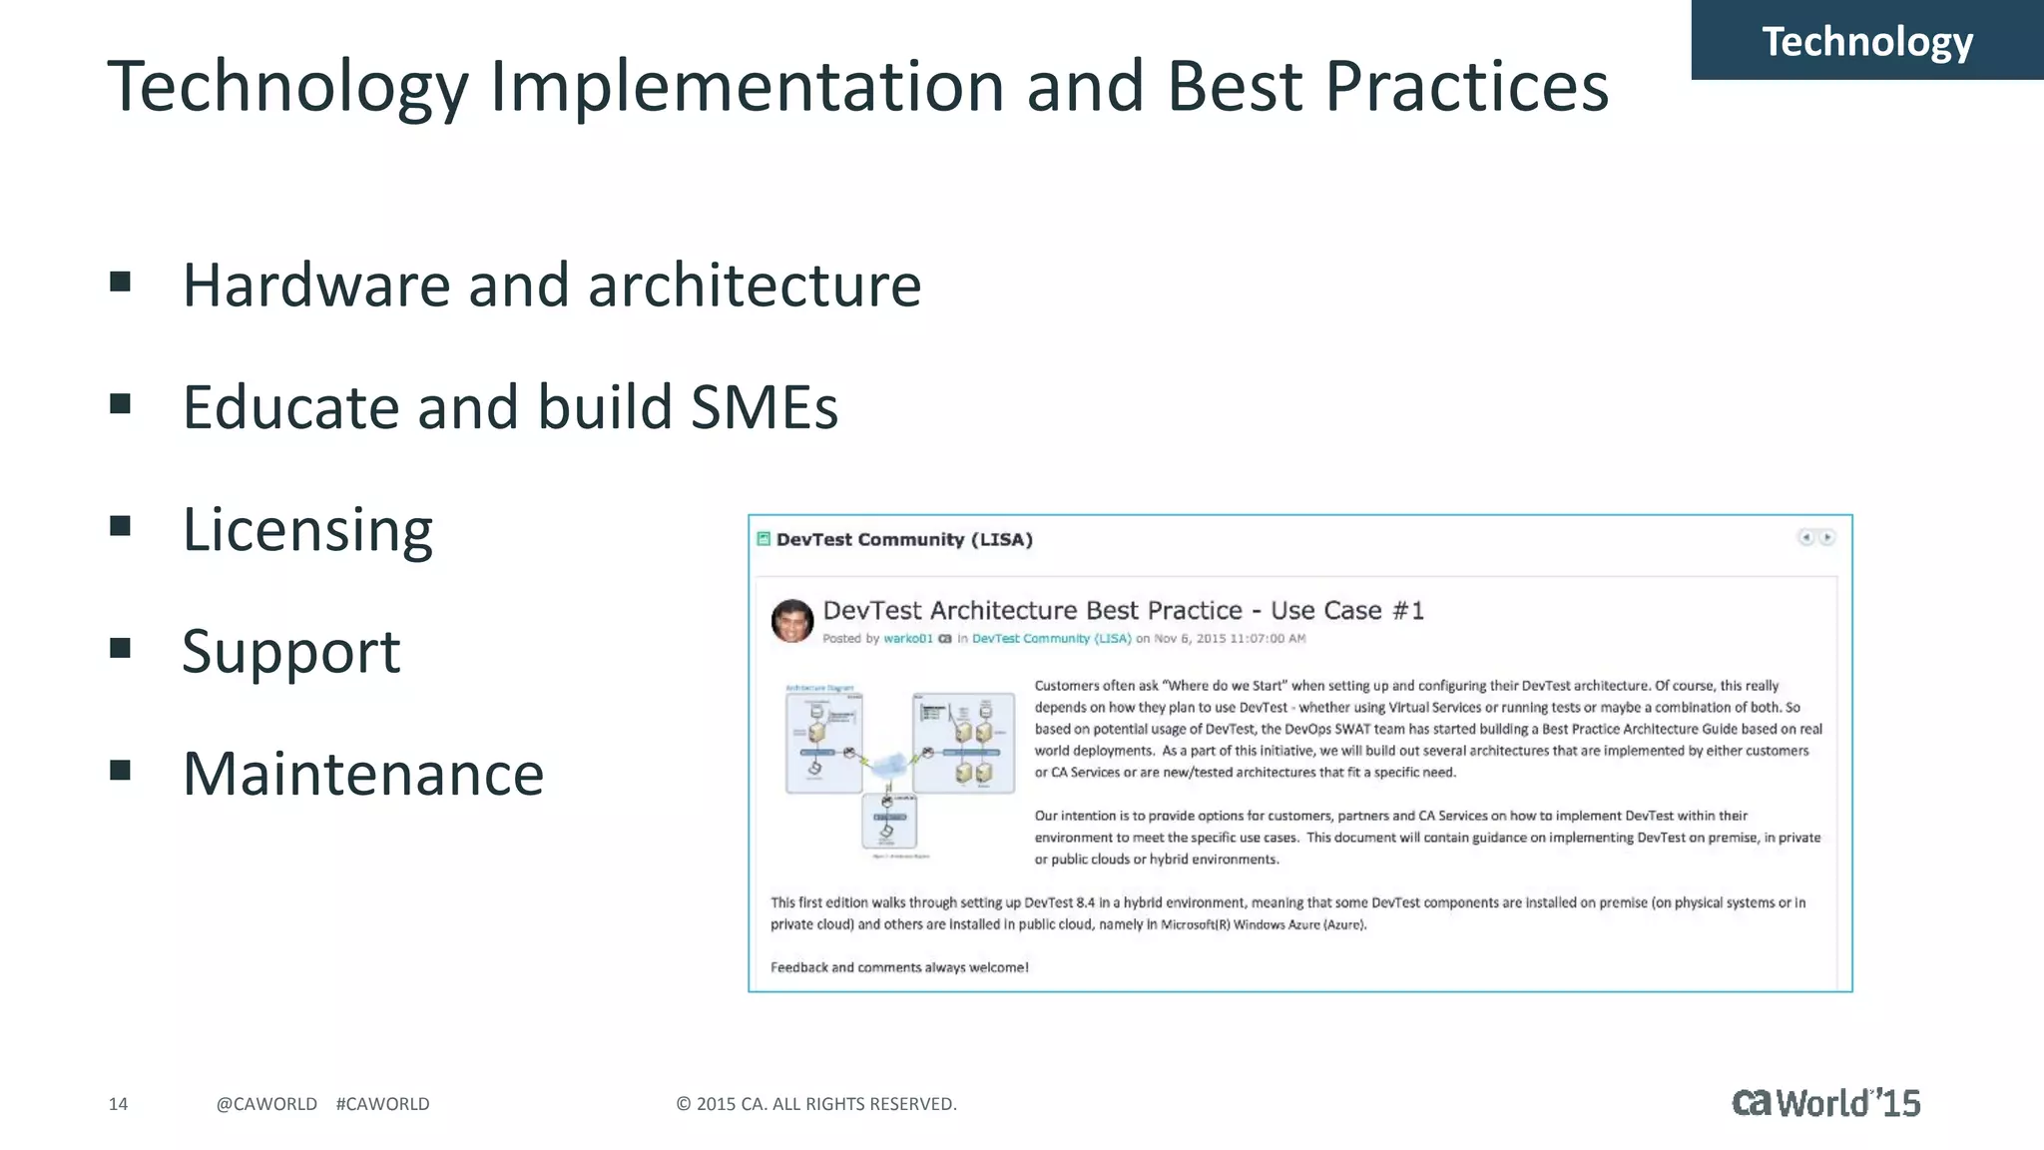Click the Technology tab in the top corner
[x=1866, y=42]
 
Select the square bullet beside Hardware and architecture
[x=121, y=283]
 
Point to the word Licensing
[x=307, y=530]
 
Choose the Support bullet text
[x=290, y=652]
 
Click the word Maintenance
[x=363, y=774]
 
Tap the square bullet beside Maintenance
[x=121, y=770]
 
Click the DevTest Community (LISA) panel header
[x=903, y=540]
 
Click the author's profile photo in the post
[x=792, y=621]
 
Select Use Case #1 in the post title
[x=1346, y=611]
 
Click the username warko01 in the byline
[x=907, y=639]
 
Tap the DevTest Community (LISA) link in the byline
[x=1051, y=639]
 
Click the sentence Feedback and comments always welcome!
[x=899, y=967]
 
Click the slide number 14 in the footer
[x=118, y=1104]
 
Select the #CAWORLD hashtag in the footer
[x=382, y=1104]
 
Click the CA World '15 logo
[x=1825, y=1103]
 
